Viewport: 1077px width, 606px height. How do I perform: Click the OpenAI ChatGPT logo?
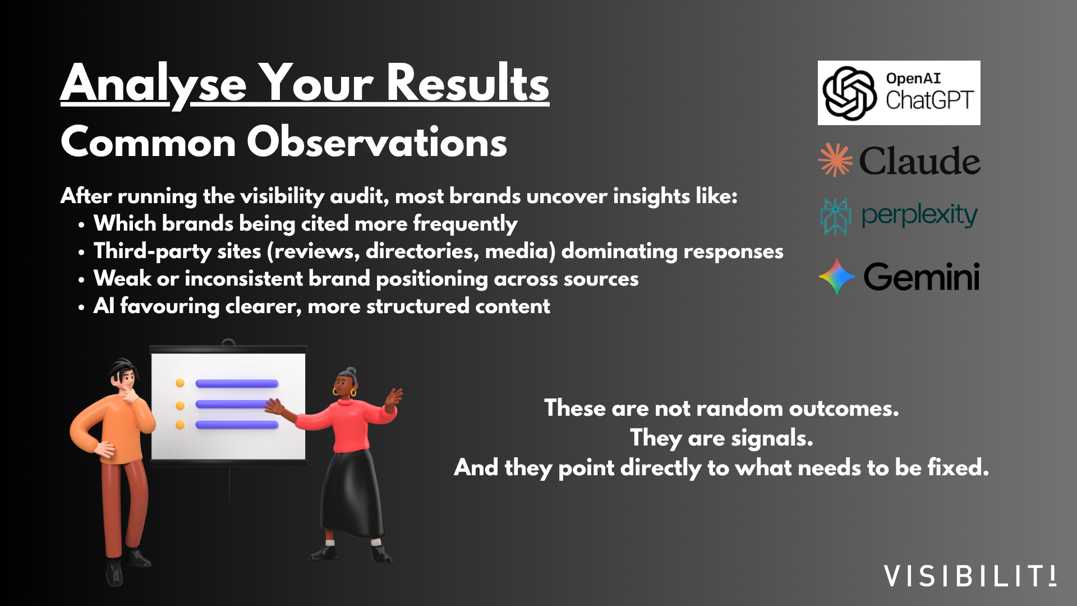coord(899,93)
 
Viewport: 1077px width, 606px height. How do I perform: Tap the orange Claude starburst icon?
coord(835,160)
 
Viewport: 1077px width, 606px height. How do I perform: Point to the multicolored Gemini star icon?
coord(836,276)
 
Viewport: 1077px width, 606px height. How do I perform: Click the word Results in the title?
coord(468,83)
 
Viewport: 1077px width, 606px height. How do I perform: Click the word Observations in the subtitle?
coord(377,142)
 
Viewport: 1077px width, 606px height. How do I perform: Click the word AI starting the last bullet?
coord(104,306)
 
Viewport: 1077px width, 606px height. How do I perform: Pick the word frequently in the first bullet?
coord(465,224)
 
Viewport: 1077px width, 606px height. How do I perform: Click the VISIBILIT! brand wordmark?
coord(970,576)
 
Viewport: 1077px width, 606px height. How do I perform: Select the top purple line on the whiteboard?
coord(237,384)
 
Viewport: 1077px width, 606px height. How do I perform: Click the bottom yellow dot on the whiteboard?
coord(180,425)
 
